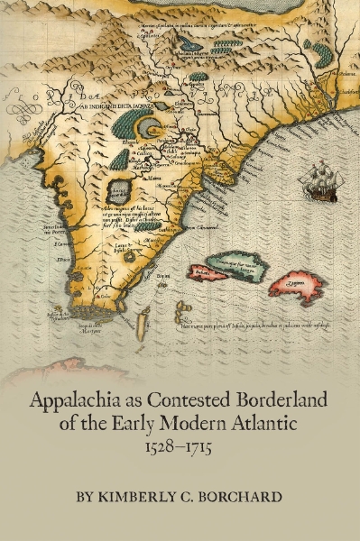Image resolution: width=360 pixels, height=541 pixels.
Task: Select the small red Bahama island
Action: [207, 271]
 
